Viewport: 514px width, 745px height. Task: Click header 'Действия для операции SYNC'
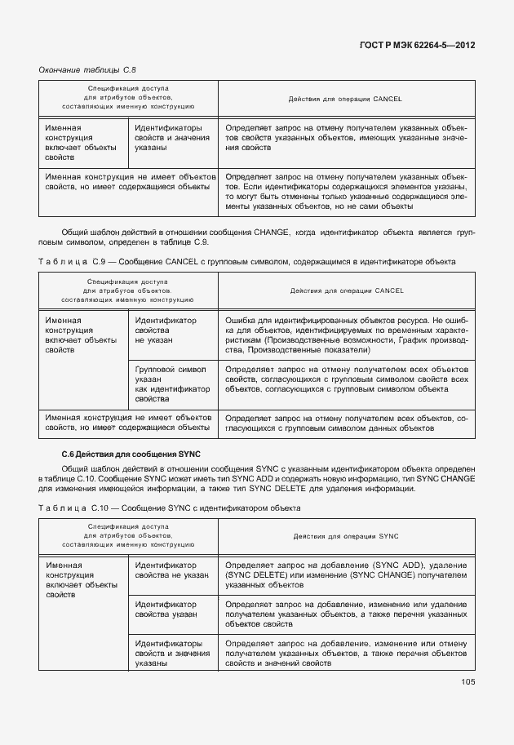(x=346, y=536)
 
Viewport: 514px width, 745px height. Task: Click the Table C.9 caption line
(x=246, y=261)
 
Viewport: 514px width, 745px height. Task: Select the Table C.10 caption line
(x=169, y=508)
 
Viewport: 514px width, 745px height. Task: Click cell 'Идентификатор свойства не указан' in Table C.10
(x=171, y=570)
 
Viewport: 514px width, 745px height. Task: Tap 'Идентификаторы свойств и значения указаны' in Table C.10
(x=168, y=654)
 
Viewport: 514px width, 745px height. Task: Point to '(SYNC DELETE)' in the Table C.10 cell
(x=255, y=575)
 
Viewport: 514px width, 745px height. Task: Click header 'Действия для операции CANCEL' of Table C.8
(x=346, y=99)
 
